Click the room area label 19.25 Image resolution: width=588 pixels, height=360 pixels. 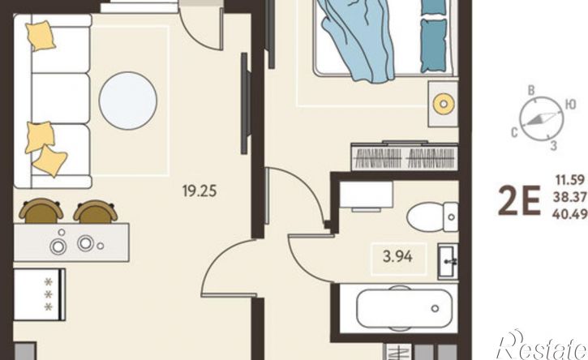click(200, 191)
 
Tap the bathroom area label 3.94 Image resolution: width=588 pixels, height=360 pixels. click(397, 256)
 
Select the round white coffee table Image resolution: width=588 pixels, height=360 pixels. click(128, 101)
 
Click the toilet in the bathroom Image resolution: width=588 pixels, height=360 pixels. click(432, 216)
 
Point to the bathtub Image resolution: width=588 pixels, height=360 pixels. click(404, 308)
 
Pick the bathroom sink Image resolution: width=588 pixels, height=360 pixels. click(448, 262)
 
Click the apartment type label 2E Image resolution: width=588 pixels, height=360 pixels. click(519, 201)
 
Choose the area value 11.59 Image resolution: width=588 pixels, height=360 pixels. click(570, 180)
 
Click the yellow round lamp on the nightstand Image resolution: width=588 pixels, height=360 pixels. click(444, 103)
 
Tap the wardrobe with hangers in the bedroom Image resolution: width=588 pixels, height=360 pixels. click(405, 156)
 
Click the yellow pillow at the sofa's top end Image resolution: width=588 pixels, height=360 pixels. click(41, 35)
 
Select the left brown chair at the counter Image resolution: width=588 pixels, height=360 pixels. click(41, 211)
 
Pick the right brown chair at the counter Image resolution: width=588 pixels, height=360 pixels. click(95, 212)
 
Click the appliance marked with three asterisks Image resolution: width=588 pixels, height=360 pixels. click(40, 294)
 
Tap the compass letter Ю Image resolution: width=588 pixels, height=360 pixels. click(570, 105)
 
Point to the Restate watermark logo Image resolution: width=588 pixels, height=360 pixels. click(541, 345)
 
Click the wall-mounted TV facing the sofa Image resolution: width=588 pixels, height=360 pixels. click(244, 103)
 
